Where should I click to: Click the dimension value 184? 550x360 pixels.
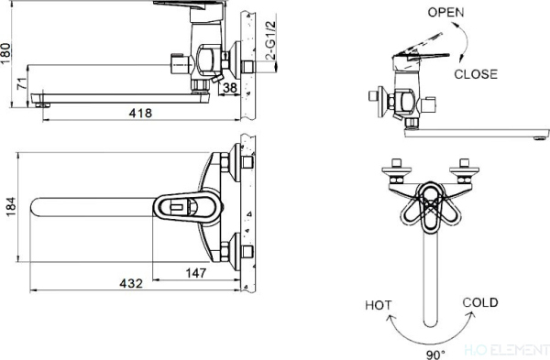[x=9, y=210]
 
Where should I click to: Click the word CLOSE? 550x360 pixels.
[x=477, y=74]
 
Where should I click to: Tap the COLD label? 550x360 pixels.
[x=479, y=301]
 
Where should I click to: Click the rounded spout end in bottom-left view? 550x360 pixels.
[x=41, y=209]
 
